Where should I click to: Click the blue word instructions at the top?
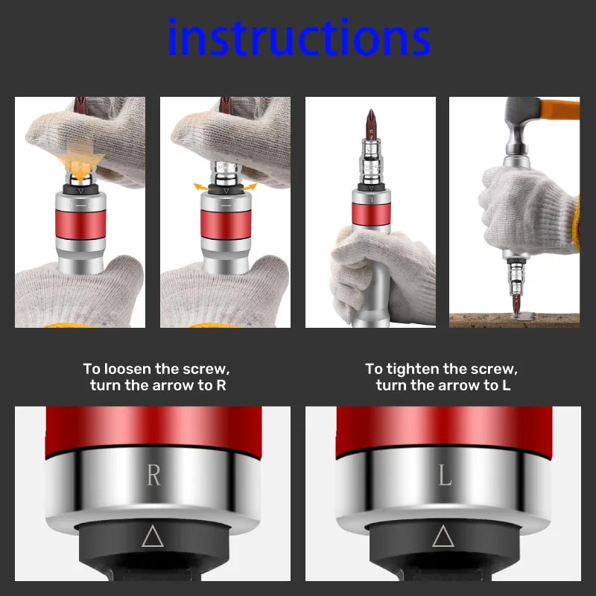(299, 39)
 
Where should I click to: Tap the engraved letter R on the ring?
(153, 475)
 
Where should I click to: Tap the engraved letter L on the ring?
(445, 475)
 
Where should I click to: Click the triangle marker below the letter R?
(153, 536)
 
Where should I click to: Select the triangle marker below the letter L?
(443, 536)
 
